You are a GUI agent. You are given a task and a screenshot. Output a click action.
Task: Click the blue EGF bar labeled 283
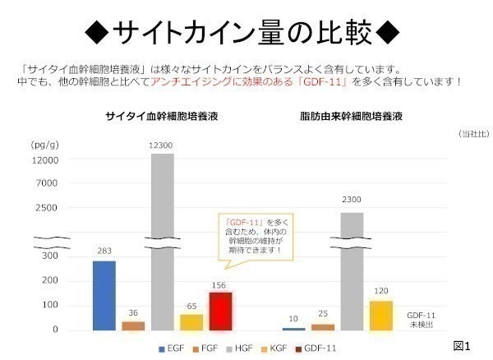tap(104, 295)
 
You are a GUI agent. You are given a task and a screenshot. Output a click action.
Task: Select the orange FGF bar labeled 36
tap(133, 325)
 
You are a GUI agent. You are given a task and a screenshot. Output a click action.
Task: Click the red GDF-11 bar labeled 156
tap(220, 311)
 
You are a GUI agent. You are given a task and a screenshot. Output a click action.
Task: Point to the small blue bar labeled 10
tap(293, 329)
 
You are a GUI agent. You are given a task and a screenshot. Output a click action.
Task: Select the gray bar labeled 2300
tap(352, 271)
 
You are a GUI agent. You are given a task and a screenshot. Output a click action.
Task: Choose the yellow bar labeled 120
tap(380, 315)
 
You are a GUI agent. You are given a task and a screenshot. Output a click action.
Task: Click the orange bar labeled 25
tap(323, 326)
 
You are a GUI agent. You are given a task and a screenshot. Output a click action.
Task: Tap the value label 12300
tap(162, 145)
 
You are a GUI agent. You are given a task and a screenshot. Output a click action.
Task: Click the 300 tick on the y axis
tap(50, 256)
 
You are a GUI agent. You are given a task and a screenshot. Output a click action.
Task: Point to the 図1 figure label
tap(463, 344)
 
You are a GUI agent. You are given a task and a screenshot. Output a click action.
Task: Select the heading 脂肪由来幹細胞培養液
tap(351, 118)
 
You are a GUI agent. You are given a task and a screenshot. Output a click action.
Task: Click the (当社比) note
tap(472, 133)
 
